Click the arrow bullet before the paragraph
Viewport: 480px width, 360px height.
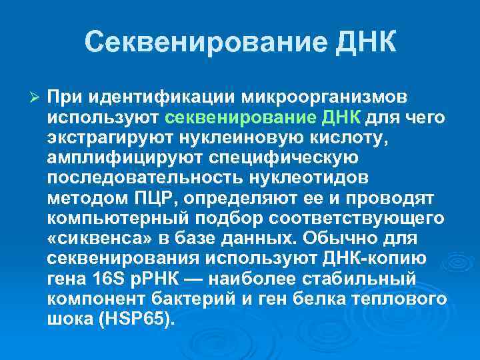click(x=37, y=99)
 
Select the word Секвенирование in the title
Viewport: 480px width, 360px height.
click(x=199, y=42)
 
